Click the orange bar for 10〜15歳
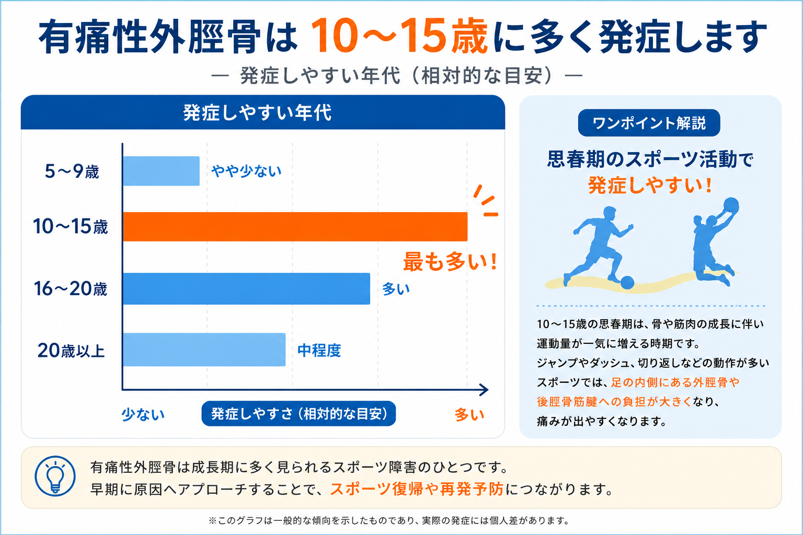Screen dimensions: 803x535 (295, 226)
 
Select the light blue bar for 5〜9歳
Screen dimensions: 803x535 (162, 171)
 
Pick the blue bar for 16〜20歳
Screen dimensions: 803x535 (247, 289)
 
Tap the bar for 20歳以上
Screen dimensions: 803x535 (204, 350)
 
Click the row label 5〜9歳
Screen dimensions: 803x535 (72, 171)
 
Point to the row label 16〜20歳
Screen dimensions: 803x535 (71, 289)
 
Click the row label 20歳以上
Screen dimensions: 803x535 (71, 351)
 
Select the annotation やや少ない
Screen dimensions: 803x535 (246, 171)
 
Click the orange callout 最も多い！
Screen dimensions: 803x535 (450, 262)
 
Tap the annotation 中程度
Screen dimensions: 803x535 (319, 350)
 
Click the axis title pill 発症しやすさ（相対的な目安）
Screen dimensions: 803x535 (299, 413)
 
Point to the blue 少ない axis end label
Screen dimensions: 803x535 (143, 414)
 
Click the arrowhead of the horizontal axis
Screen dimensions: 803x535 (484, 390)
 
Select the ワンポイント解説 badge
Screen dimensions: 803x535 (649, 123)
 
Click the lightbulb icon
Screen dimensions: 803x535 (55, 476)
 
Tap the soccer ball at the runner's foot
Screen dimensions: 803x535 (627, 282)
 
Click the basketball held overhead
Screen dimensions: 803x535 (731, 206)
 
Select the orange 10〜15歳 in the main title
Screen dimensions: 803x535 (399, 37)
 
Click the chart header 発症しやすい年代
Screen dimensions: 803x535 (257, 112)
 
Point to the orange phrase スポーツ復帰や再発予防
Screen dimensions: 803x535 (417, 489)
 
